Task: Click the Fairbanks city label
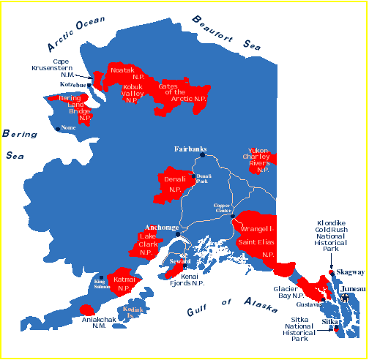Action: (192, 149)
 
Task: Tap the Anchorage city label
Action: (162, 228)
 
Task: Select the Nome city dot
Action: (59, 129)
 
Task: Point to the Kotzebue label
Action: (73, 85)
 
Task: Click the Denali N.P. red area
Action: (173, 184)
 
